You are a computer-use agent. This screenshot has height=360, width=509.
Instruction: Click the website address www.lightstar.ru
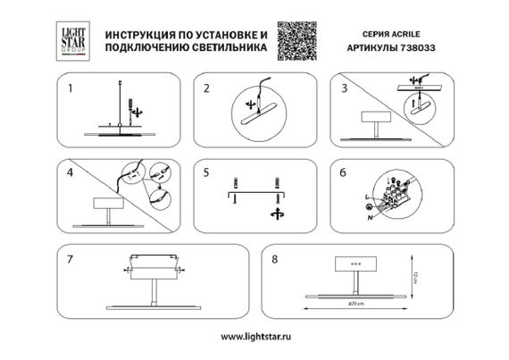254,339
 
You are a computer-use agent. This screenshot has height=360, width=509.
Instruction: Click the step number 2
206,88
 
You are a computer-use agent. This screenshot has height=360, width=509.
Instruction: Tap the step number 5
206,170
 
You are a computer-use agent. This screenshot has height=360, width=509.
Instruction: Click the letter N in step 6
367,220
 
